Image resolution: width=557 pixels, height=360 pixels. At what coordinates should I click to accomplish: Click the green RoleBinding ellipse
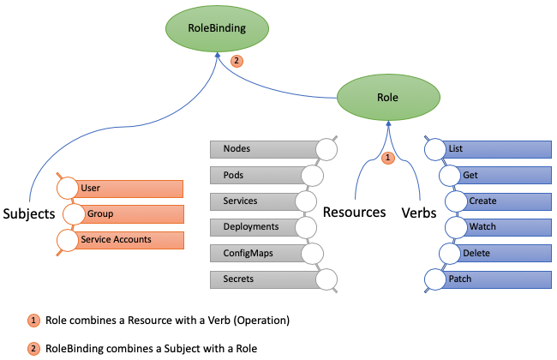[x=217, y=28]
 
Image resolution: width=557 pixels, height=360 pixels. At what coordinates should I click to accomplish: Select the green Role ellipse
[x=387, y=98]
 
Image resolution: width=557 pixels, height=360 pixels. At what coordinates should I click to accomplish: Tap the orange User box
[x=129, y=188]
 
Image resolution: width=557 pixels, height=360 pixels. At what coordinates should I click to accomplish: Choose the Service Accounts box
[x=129, y=239]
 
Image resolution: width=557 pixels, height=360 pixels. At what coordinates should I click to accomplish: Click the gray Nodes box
[x=261, y=149]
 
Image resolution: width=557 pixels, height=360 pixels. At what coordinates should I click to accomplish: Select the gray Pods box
[x=257, y=176]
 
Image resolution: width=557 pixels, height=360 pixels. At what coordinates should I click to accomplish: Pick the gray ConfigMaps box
[x=257, y=254]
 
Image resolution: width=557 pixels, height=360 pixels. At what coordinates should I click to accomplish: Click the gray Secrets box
[x=261, y=279]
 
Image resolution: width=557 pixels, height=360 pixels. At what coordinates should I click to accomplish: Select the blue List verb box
[x=497, y=149]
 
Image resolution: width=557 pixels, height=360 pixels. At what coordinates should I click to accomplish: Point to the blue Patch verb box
[x=497, y=279]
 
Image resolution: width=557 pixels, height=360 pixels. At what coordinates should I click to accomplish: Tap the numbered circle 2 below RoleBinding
[x=237, y=61]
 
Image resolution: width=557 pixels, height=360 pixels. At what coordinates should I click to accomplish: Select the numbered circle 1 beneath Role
[x=387, y=158]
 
